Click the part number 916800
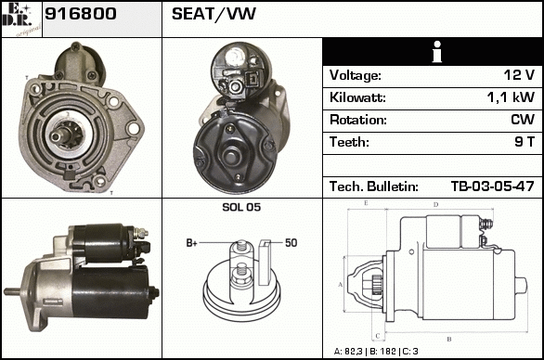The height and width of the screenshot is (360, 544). tap(81, 14)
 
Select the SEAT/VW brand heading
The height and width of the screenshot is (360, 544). tap(214, 14)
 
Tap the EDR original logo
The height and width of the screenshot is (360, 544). tap(21, 19)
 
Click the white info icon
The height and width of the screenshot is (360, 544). tap(437, 52)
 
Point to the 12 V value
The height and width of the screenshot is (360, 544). tap(519, 75)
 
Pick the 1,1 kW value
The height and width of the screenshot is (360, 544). tap(511, 97)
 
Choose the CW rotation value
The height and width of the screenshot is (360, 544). tap(523, 120)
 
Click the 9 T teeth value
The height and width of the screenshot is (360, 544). tap(525, 142)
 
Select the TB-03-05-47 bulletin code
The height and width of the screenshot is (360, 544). tap(492, 186)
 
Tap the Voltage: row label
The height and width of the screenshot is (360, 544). tap(356, 75)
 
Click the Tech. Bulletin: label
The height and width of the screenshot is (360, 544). tap(374, 186)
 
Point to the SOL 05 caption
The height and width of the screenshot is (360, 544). tap(241, 207)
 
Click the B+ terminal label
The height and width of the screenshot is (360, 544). tap(192, 243)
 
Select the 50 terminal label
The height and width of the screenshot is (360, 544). tap(291, 243)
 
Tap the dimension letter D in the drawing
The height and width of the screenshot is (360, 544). tap(436, 205)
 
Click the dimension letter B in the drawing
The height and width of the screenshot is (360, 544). tap(449, 339)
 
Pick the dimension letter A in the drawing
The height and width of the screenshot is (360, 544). tap(341, 285)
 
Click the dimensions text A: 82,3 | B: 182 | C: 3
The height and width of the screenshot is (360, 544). tap(376, 352)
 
